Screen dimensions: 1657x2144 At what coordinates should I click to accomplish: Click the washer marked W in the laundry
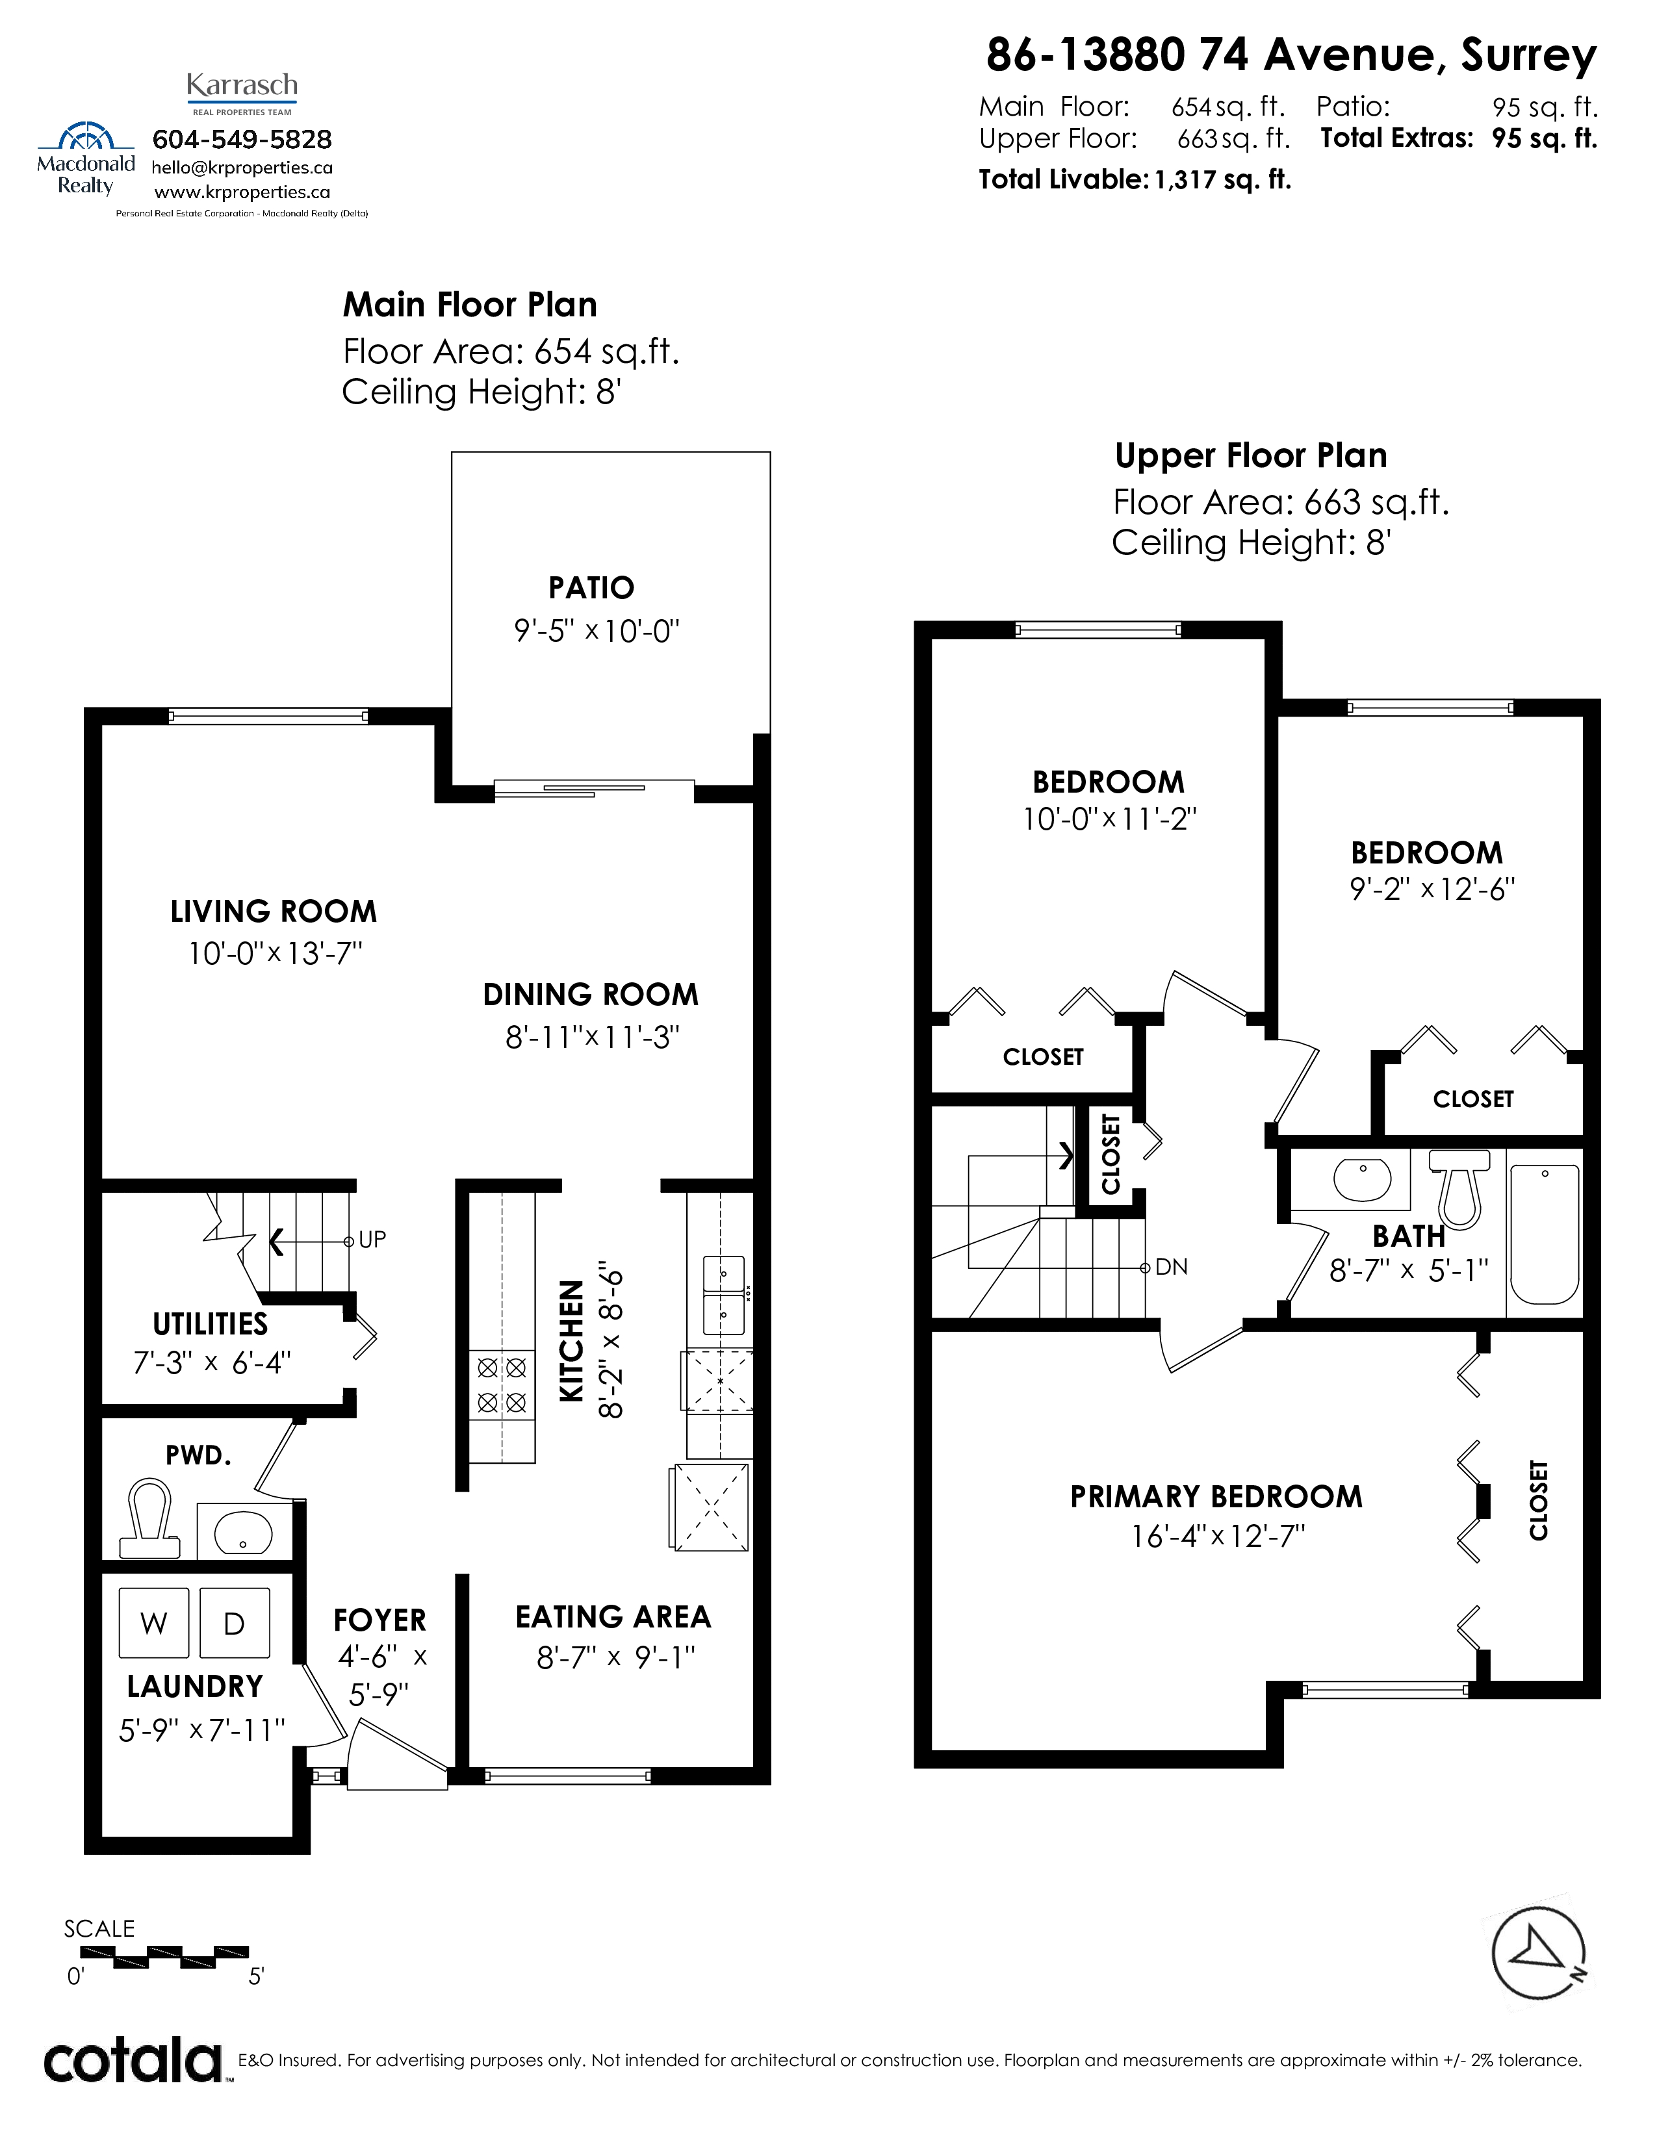[x=153, y=1623]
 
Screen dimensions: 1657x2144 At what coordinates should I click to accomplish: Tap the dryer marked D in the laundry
[x=234, y=1623]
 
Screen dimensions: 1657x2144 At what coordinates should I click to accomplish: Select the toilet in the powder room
[x=150, y=1519]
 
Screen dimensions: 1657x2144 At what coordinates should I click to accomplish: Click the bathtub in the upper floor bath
[x=1544, y=1234]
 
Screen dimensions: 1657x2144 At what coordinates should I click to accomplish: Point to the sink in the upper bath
[x=1361, y=1178]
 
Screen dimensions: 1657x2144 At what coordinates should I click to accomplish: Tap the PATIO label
[x=591, y=587]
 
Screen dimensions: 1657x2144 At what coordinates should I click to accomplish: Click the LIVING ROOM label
[x=273, y=911]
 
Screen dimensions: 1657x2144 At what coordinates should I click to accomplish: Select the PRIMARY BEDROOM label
[x=1216, y=1496]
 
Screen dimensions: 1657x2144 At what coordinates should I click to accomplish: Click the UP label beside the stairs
[x=372, y=1240]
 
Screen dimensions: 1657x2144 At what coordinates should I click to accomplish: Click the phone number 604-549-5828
[x=242, y=140]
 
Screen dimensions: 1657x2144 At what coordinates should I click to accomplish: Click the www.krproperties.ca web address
[x=242, y=192]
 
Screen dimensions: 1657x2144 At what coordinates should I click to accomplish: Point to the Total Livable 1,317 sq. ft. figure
[x=1135, y=180]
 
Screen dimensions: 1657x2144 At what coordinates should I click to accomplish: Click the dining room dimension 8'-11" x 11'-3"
[x=592, y=1037]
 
